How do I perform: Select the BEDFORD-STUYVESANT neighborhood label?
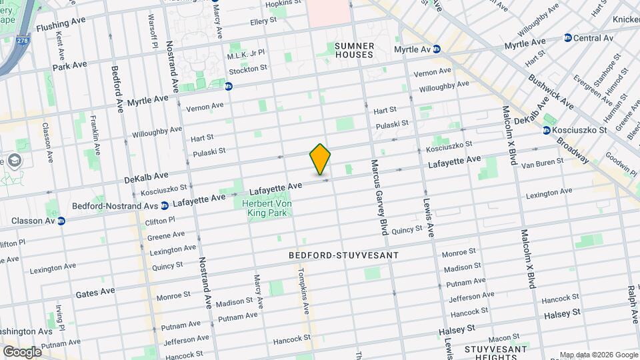(343, 255)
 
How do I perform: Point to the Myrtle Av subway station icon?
(437, 49)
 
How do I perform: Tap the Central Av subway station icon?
(567, 38)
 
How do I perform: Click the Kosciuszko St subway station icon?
(547, 130)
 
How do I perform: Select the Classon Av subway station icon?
(61, 221)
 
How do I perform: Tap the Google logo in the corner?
(21, 351)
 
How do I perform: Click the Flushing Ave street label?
(61, 27)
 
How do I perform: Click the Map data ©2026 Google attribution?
(598, 355)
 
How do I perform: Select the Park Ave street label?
(70, 65)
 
